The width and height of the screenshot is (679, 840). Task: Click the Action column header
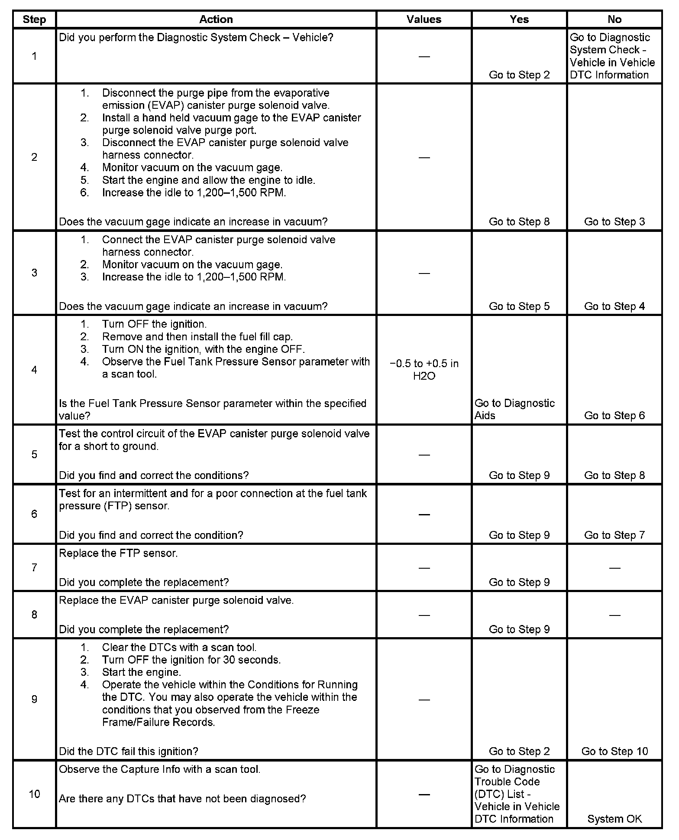[216, 20]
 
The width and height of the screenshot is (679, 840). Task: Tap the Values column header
[424, 20]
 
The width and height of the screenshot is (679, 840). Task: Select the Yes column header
[519, 20]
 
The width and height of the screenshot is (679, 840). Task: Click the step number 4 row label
[34, 370]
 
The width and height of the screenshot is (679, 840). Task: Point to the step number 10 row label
[34, 794]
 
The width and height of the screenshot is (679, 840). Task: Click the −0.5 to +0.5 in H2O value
[424, 370]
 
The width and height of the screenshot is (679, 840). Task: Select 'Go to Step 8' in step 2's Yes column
[519, 221]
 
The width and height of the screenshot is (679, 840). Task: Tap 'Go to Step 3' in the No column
[614, 221]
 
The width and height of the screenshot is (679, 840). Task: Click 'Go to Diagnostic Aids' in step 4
[514, 409]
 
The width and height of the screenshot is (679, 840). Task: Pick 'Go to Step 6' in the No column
[614, 415]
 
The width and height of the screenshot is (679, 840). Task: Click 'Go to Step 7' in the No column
[614, 535]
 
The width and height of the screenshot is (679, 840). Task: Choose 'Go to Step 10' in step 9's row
[614, 751]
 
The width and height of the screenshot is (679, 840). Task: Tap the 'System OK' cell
[614, 819]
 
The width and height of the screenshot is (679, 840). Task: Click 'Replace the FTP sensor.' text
[118, 553]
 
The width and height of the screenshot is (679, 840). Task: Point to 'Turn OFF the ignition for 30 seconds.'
[191, 660]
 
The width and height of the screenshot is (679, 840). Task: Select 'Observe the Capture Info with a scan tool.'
[159, 769]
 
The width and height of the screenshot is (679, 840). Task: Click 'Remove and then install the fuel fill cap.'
[197, 336]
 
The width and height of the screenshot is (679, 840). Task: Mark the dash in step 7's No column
[614, 567]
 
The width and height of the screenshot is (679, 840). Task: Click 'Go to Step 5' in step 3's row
[519, 306]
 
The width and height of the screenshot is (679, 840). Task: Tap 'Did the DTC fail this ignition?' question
[128, 751]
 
